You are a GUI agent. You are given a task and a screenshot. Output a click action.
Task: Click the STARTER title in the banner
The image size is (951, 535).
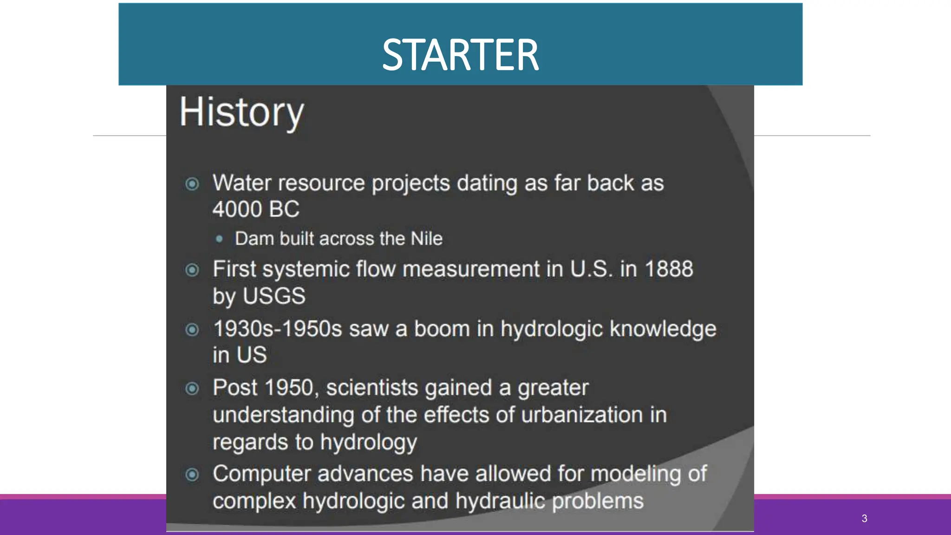[460, 55]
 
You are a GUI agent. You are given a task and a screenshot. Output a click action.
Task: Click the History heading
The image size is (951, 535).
[241, 112]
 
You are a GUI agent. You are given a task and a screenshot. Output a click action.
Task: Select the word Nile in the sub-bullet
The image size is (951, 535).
[426, 239]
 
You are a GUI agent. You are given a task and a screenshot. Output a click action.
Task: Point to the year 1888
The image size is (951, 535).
[669, 269]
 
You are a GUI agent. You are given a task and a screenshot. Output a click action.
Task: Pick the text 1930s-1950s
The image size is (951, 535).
[278, 329]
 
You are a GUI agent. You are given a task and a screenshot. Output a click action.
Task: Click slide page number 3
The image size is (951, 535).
[864, 518]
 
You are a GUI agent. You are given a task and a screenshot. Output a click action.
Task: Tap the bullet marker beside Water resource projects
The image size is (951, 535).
[192, 184]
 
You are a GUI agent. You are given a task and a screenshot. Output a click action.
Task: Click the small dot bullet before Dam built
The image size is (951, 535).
[219, 239]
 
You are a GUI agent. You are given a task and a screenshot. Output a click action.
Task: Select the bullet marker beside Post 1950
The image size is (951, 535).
[192, 388]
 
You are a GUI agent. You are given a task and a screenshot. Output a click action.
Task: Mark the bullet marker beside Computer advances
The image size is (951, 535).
[192, 475]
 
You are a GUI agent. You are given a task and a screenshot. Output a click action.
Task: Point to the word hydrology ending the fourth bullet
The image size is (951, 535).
[368, 442]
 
